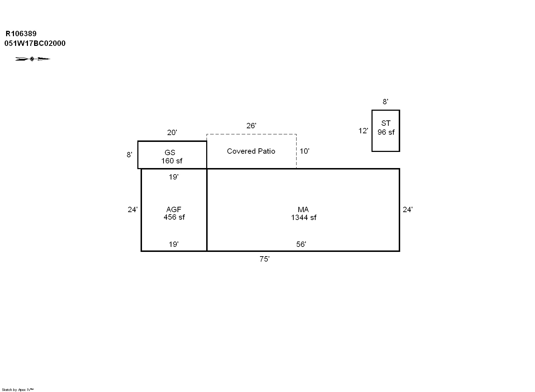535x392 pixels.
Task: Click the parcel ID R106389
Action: pyautogui.click(x=21, y=34)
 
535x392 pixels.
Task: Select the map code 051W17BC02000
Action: pyautogui.click(x=35, y=43)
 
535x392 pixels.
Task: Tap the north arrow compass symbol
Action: pyautogui.click(x=33, y=59)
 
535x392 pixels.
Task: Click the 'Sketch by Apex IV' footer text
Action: pyautogui.click(x=18, y=389)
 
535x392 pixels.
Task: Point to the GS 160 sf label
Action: pyautogui.click(x=171, y=157)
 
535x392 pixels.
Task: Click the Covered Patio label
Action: pyautogui.click(x=251, y=151)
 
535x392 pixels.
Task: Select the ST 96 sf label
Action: pyautogui.click(x=386, y=128)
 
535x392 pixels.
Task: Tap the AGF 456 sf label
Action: pyautogui.click(x=174, y=213)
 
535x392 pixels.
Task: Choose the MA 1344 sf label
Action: pyautogui.click(x=304, y=214)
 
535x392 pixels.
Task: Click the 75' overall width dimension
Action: pyautogui.click(x=265, y=259)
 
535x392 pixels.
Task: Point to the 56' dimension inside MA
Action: pyautogui.click(x=301, y=244)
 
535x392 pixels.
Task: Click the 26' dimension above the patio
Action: pyautogui.click(x=251, y=125)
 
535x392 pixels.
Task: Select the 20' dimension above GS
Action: pyautogui.click(x=172, y=133)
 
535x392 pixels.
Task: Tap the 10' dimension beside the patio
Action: pyautogui.click(x=304, y=151)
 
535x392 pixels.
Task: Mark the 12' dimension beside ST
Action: pyautogui.click(x=363, y=131)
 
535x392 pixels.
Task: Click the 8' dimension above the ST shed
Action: pyautogui.click(x=385, y=102)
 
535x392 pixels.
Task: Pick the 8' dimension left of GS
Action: pyautogui.click(x=129, y=155)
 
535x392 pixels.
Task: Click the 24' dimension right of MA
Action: pyautogui.click(x=408, y=210)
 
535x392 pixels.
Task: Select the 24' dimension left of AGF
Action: pyautogui.click(x=133, y=210)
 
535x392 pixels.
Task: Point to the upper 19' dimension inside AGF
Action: pyautogui.click(x=174, y=177)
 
